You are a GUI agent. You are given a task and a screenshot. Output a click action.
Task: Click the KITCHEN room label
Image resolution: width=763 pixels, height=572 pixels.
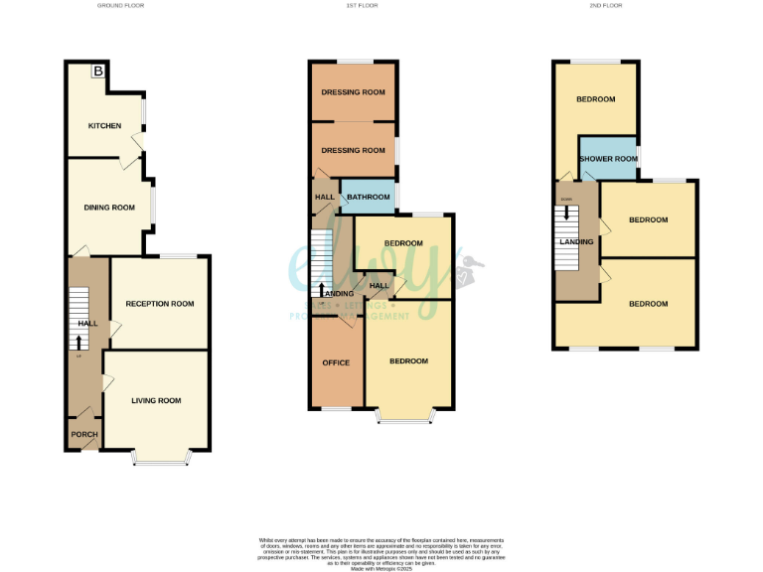point(104,126)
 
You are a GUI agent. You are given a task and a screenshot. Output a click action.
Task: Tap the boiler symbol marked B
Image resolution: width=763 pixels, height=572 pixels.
point(98,71)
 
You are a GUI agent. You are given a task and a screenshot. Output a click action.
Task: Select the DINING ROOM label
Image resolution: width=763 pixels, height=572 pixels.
point(109,208)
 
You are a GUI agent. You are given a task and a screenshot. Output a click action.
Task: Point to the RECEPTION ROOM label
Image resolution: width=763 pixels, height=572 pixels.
point(160,304)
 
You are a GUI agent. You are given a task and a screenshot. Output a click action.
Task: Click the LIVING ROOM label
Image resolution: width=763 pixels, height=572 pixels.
point(157,400)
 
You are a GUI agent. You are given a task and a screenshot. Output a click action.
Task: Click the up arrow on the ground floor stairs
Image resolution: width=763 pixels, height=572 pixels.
point(79,341)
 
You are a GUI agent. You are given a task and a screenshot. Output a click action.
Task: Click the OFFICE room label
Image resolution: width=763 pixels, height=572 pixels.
point(336,362)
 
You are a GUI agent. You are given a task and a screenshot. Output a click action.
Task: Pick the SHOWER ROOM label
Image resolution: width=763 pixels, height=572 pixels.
point(608,159)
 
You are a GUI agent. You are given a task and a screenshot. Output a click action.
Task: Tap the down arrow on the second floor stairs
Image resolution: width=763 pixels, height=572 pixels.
point(567,213)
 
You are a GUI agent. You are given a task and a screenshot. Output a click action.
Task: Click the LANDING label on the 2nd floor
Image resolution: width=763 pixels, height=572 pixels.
point(576,241)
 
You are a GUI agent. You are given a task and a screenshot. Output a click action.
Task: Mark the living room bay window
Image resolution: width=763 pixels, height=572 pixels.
point(162,459)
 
